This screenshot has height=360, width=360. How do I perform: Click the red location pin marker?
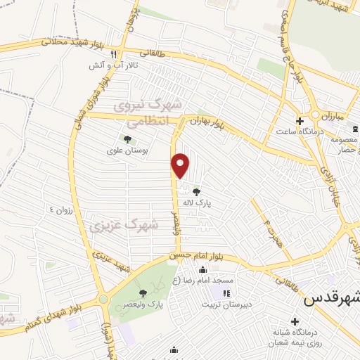(x=181, y=166)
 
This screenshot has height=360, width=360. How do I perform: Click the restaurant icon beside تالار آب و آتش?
(x=122, y=53)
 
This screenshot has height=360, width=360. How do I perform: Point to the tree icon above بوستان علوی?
(x=127, y=139)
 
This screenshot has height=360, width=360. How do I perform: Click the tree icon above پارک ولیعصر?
(x=143, y=293)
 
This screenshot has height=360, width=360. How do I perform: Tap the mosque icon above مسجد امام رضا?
(x=203, y=270)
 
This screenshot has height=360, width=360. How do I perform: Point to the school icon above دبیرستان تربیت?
(x=226, y=293)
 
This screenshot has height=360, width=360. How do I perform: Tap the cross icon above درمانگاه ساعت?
(x=298, y=120)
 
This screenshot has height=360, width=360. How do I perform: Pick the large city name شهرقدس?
(x=331, y=298)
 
